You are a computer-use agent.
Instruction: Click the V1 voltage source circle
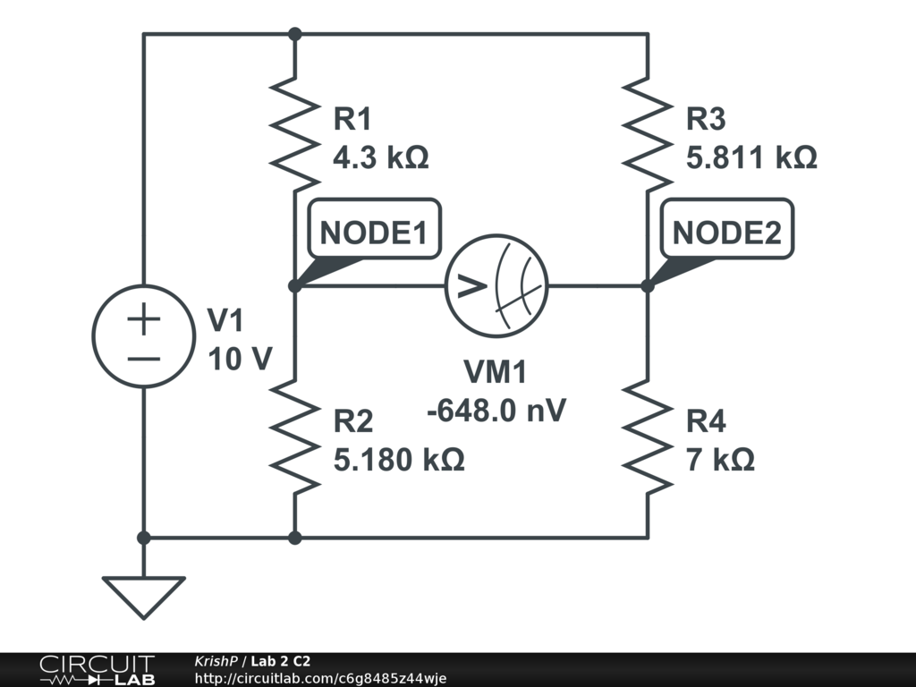(143, 336)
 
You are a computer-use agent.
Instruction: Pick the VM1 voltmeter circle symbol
(496, 286)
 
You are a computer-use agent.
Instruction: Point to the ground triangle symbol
(143, 596)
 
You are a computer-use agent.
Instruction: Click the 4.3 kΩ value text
(380, 158)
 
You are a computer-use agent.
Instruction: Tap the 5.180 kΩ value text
(398, 460)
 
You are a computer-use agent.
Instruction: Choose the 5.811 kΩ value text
(751, 158)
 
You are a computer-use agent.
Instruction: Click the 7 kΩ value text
(720, 460)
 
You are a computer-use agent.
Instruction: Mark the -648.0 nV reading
(496, 411)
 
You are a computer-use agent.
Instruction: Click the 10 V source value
(240, 359)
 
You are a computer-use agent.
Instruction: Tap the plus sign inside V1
(143, 318)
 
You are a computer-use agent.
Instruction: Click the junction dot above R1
(295, 34)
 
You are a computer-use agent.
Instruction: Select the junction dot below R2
(295, 538)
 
